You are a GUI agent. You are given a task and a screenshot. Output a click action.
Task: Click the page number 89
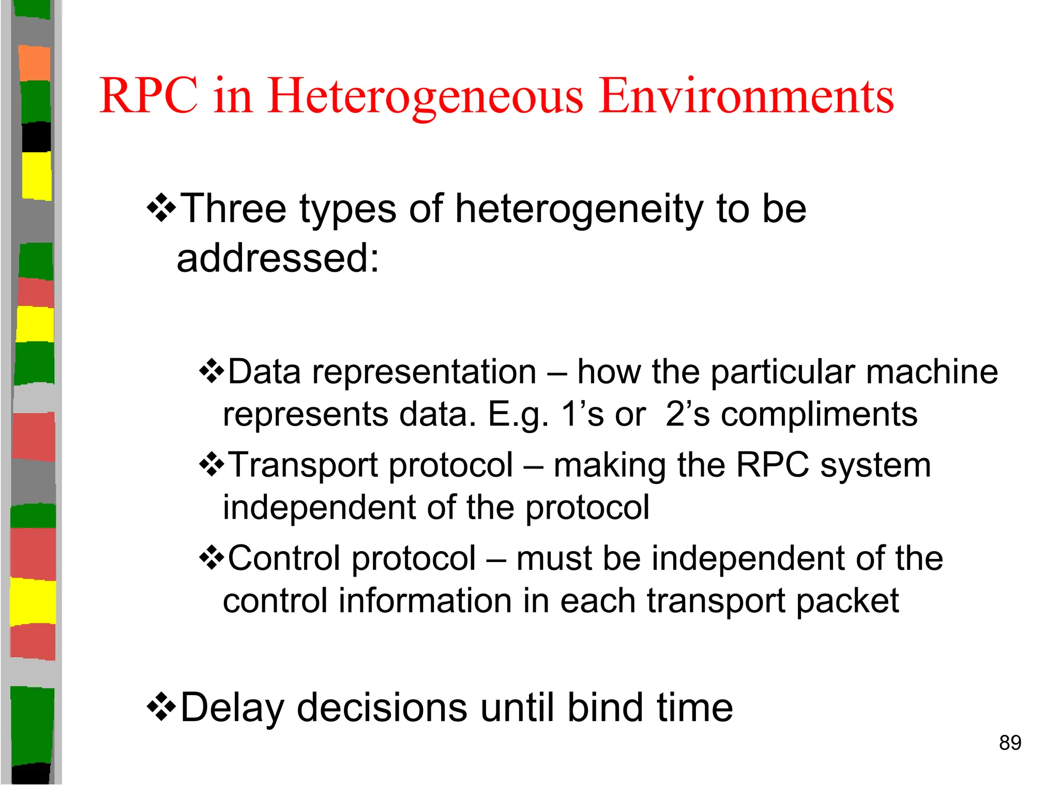tap(1010, 743)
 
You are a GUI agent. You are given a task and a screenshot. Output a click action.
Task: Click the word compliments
tap(819, 414)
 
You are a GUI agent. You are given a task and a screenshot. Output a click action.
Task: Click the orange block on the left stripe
tap(35, 63)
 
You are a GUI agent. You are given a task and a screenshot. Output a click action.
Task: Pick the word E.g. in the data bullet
tap(518, 415)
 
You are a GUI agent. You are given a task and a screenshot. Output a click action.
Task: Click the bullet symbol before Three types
tap(161, 208)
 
